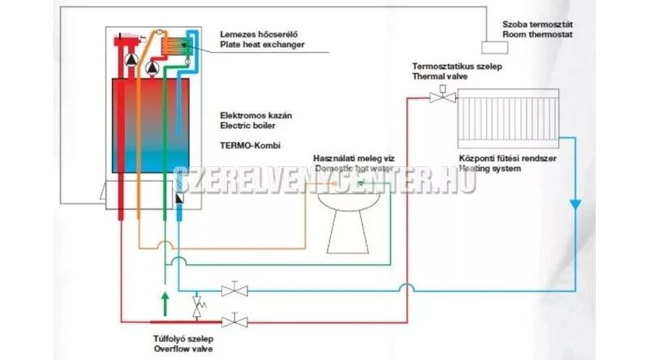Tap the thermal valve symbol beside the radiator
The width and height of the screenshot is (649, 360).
pyautogui.click(x=441, y=97)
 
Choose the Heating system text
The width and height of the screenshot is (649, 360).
pyautogui.click(x=489, y=169)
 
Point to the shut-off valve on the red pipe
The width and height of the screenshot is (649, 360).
pyautogui.click(x=237, y=319)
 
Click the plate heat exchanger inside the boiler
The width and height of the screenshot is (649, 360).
pyautogui.click(x=170, y=46)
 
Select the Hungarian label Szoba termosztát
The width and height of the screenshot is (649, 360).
pyautogui.click(x=538, y=25)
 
